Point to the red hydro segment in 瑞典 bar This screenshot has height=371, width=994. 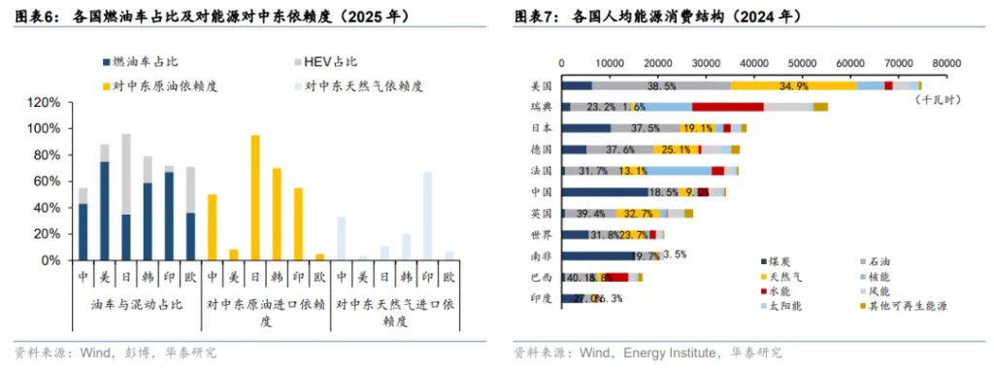point(727,107)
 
